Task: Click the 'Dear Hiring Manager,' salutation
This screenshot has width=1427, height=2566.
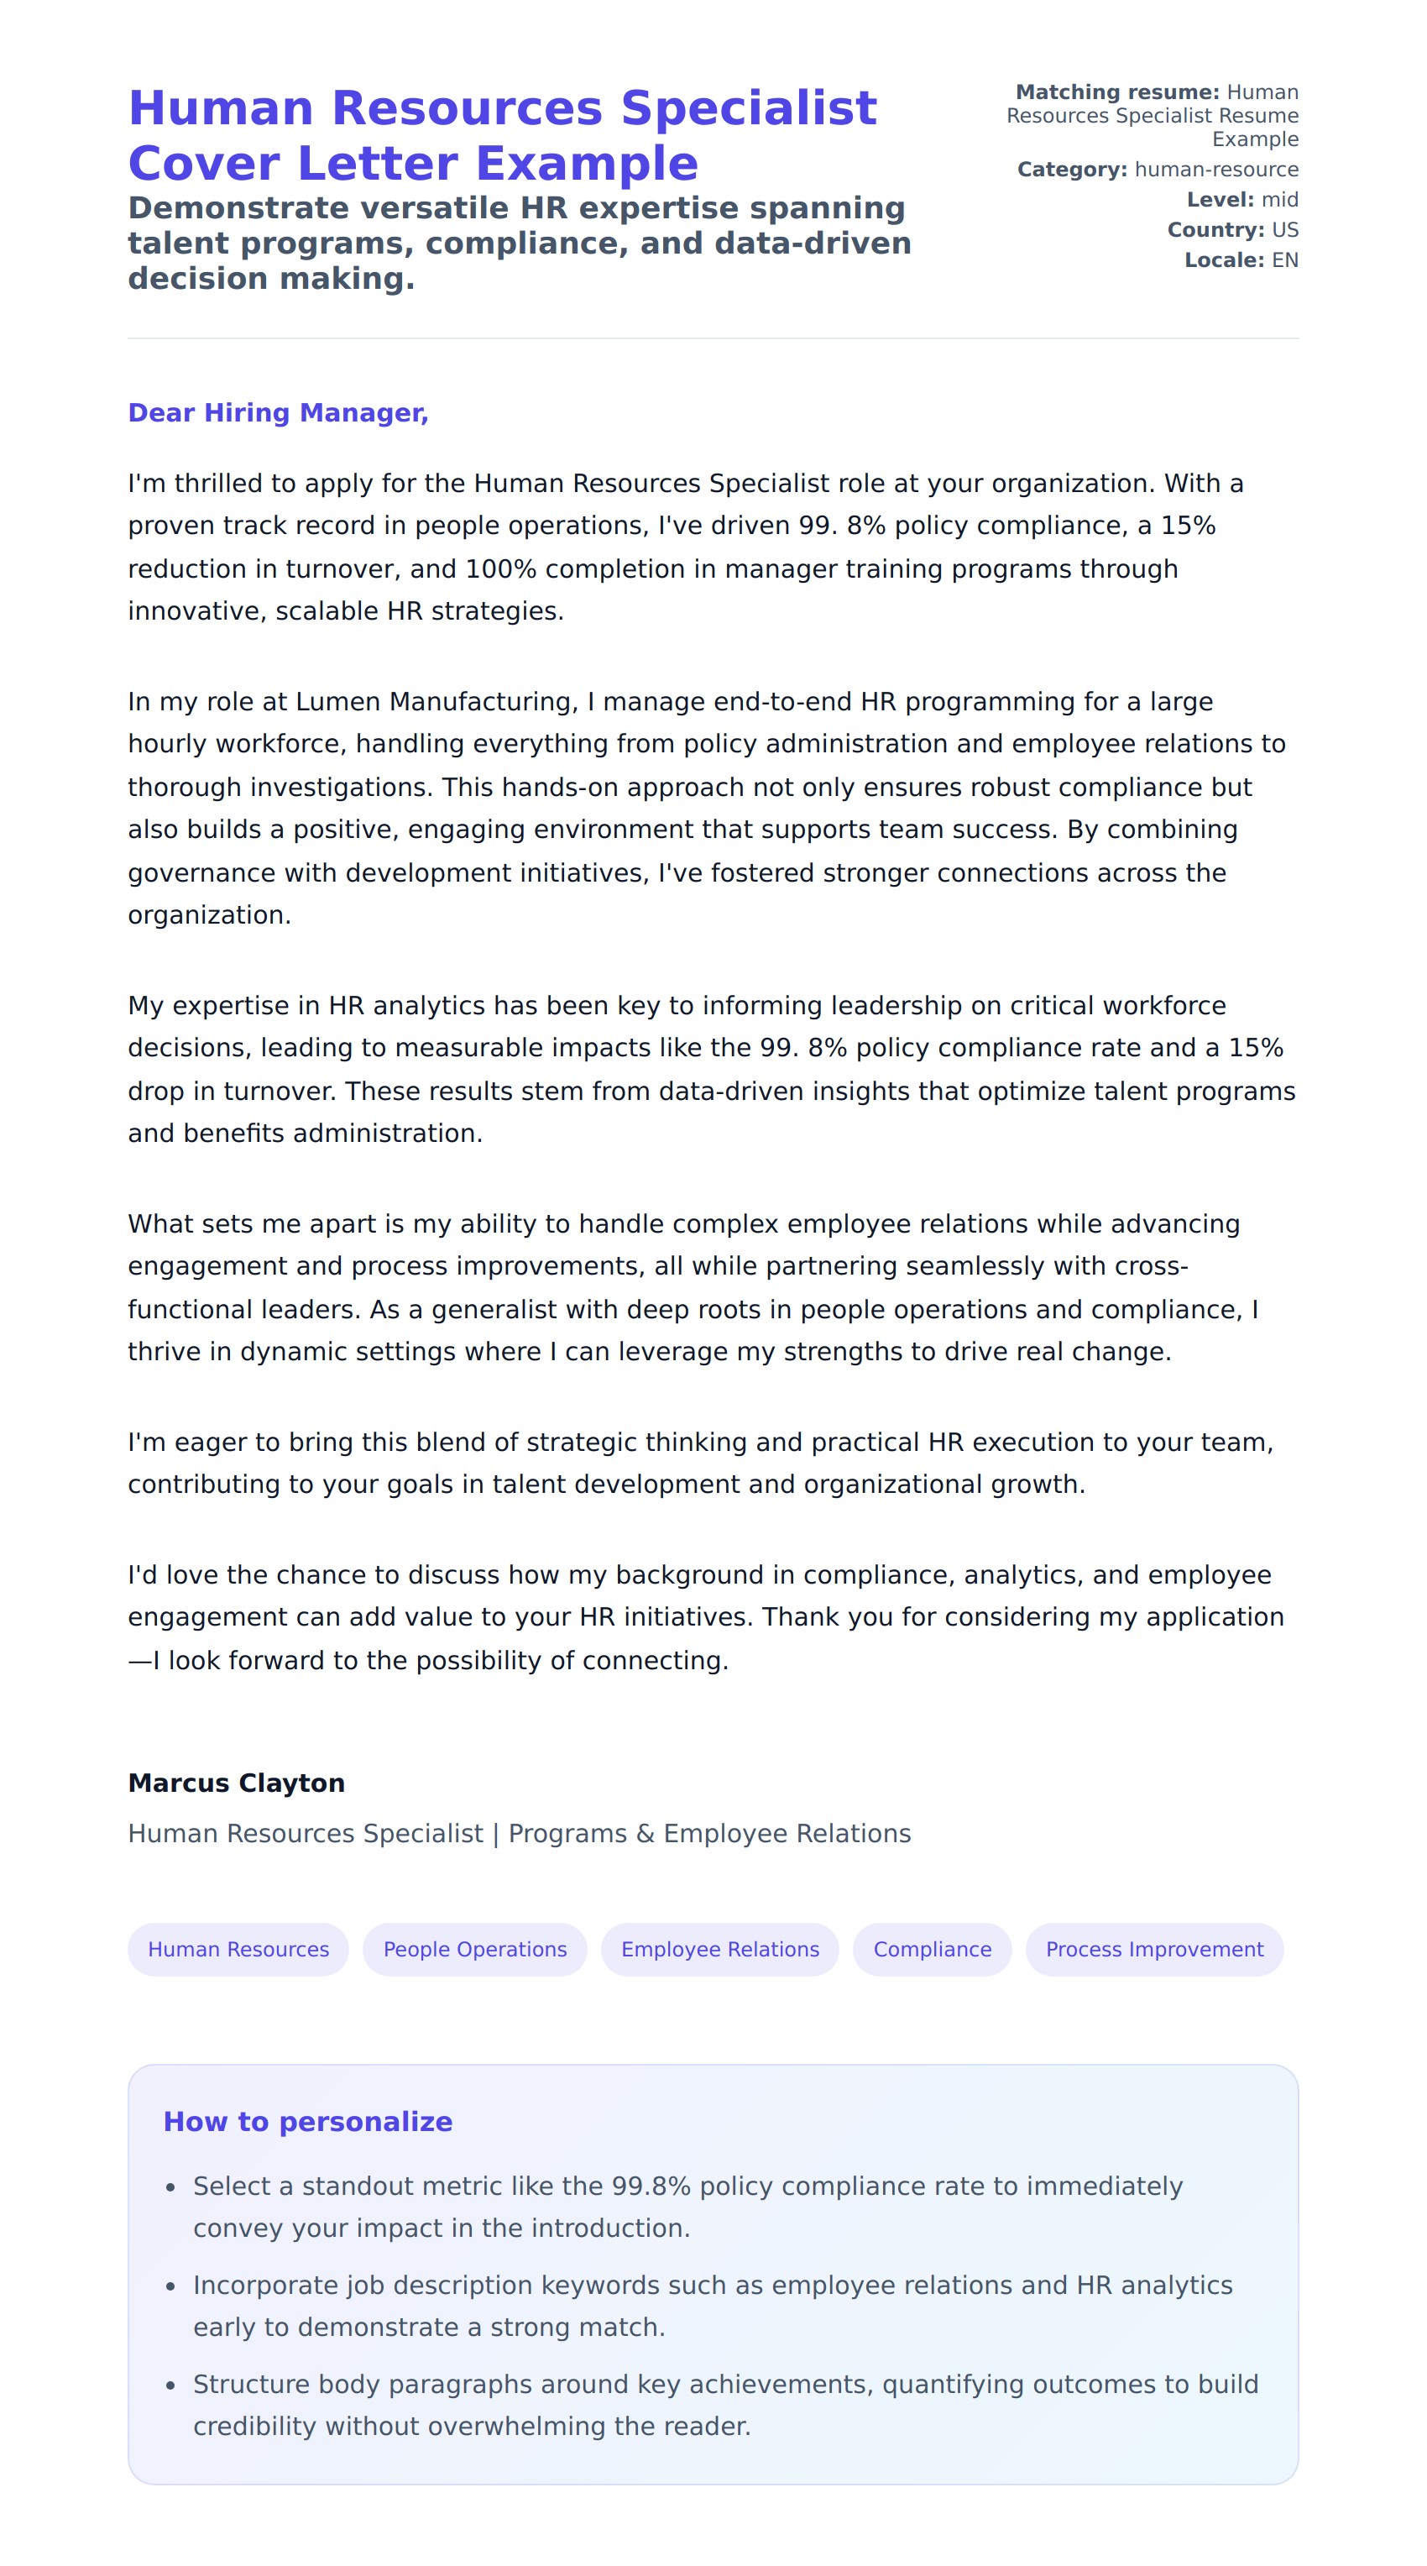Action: (278, 412)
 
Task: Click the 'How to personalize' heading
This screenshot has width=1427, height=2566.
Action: (308, 2121)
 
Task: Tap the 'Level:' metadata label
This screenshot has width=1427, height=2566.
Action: (1220, 199)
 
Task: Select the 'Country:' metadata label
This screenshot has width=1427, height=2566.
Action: (1215, 229)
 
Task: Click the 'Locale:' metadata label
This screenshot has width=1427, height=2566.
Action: (1224, 260)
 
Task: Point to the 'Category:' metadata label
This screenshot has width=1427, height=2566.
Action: (1071, 170)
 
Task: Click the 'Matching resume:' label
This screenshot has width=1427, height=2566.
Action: (1116, 92)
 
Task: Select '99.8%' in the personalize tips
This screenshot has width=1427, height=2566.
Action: (651, 2186)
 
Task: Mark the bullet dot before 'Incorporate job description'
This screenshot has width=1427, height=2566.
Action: (170, 2286)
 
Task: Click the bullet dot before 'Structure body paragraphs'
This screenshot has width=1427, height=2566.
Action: (170, 2385)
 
